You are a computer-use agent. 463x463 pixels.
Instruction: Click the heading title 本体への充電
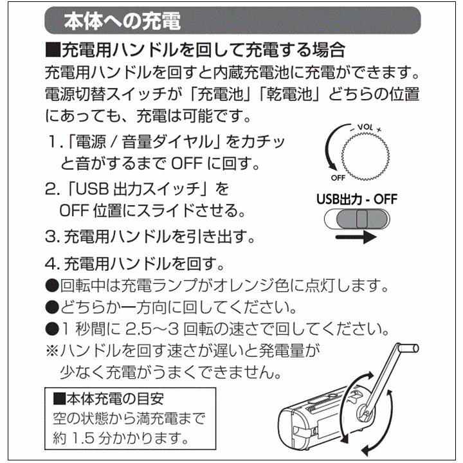coord(122,21)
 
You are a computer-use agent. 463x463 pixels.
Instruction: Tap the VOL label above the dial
coord(365,127)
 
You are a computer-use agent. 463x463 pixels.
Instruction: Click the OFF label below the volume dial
coord(338,177)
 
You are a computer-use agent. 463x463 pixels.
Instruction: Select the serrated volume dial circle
coord(365,156)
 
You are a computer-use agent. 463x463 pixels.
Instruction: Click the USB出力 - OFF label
coord(357,199)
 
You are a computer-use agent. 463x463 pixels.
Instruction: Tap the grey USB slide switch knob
coord(361,219)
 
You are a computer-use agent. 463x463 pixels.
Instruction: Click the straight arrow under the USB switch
coord(356,237)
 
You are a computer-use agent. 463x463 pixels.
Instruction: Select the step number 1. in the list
coord(56,141)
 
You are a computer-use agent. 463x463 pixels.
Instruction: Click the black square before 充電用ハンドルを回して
coord(53,50)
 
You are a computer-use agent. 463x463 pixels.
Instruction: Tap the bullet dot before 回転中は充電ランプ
coord(52,286)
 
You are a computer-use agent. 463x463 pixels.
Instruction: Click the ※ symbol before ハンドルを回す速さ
coord(52,351)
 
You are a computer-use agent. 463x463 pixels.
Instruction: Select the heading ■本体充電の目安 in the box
coord(109,399)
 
